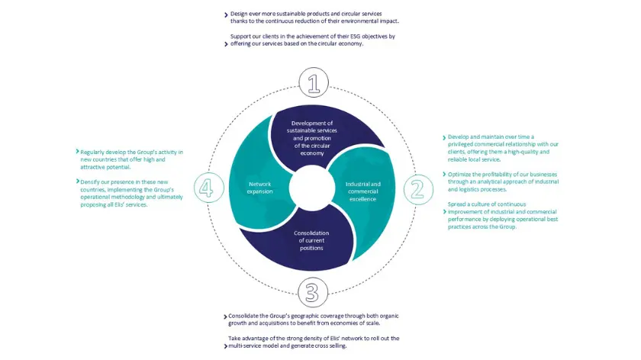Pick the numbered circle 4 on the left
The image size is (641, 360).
(206, 188)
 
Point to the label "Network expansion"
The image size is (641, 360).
(259, 188)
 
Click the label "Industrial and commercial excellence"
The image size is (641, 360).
(362, 191)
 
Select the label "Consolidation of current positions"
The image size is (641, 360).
(311, 241)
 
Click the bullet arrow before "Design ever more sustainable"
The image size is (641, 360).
(226, 14)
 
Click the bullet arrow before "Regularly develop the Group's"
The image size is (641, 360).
(77, 153)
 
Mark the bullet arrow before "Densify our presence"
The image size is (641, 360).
(77, 182)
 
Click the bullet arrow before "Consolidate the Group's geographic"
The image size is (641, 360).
(226, 316)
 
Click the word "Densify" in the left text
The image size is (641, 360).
(92, 182)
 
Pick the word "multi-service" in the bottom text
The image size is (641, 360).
(250, 346)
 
